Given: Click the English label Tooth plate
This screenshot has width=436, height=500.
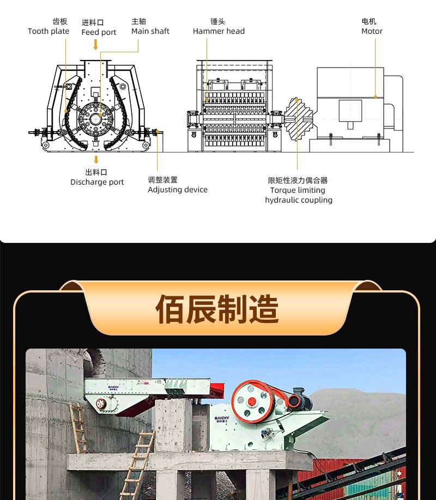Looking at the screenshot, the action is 49,31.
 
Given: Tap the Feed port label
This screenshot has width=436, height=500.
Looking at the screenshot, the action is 99,32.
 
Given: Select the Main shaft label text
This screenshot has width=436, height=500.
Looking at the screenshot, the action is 150,31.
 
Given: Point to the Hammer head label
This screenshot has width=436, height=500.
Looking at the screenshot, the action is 219,31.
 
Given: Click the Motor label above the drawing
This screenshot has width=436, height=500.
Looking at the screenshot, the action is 372,31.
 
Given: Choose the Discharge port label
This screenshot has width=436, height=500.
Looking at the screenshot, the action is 97,182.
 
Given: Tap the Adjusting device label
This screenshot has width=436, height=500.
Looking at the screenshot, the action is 178,190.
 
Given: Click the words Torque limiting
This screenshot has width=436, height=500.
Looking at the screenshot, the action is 298,191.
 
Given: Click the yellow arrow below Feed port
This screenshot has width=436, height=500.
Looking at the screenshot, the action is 95,44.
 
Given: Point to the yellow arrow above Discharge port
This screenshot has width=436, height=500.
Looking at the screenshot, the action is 96,160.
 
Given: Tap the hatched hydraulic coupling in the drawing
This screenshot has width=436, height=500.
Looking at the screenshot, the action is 298,119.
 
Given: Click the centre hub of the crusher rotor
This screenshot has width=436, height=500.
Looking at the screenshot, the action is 95,119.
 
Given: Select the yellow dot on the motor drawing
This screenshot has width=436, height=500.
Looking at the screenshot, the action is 376,97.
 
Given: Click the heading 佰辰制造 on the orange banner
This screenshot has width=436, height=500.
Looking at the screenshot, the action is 217,309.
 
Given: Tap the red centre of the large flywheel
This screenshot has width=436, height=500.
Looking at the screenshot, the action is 252,402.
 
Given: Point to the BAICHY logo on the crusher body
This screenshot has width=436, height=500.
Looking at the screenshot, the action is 222,419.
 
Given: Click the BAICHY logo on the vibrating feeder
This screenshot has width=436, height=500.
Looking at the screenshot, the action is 113,388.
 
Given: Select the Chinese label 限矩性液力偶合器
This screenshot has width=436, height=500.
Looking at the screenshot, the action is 298,180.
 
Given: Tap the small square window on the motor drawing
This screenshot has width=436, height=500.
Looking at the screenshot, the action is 350,111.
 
